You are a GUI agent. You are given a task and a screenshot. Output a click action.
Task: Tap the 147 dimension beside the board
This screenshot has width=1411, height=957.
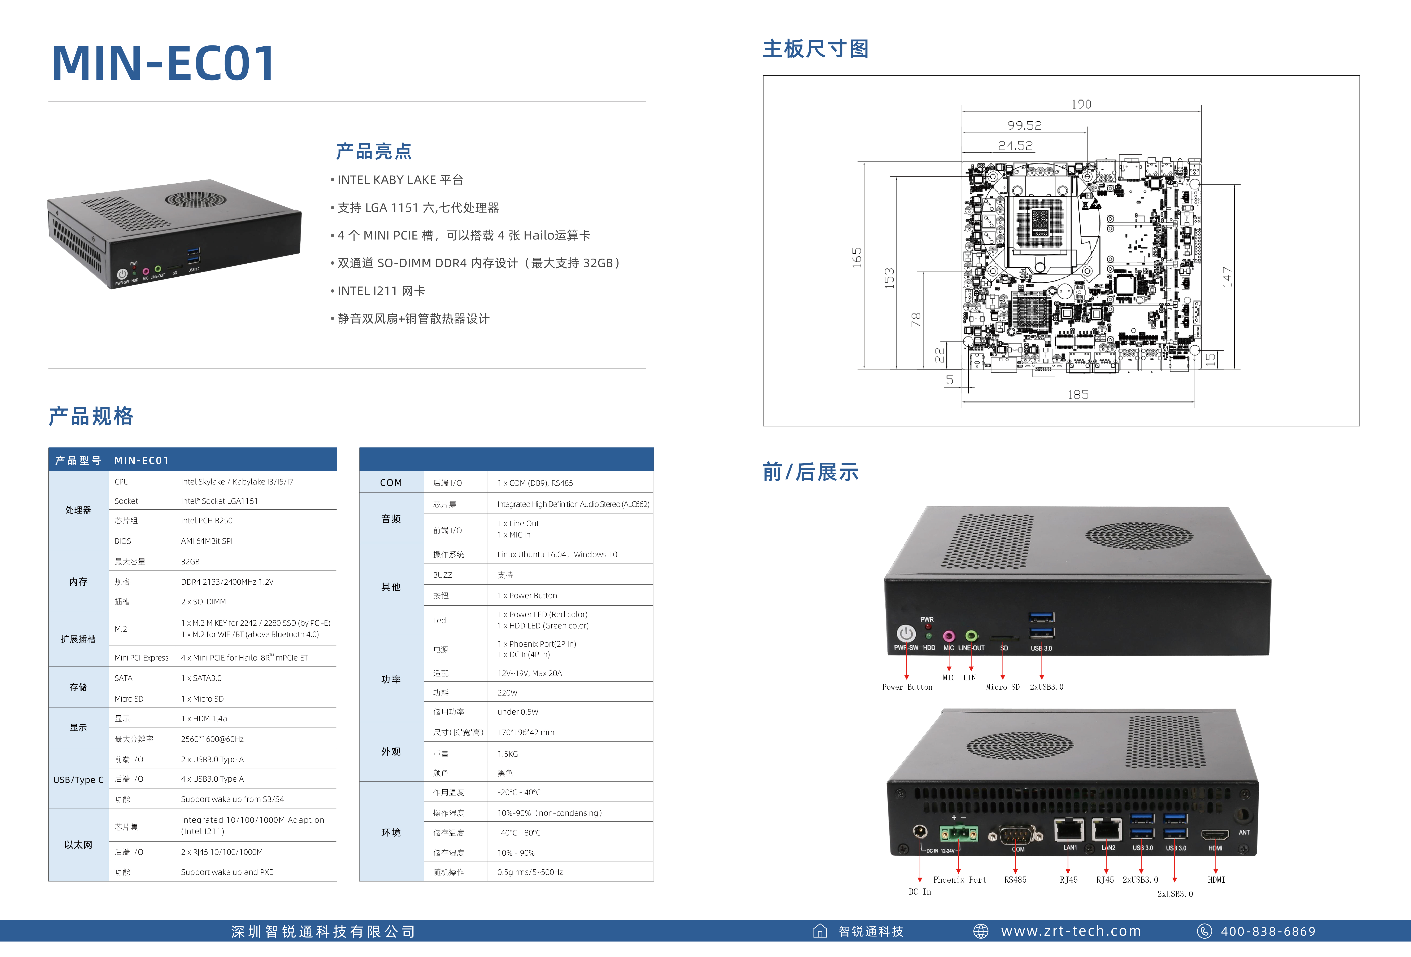(x=1227, y=277)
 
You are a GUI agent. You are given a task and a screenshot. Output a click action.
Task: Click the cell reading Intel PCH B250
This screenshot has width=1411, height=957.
(x=207, y=521)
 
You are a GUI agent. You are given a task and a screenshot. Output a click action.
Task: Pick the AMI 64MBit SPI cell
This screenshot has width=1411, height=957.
(x=207, y=541)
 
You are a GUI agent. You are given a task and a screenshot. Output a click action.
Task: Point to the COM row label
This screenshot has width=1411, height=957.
(x=391, y=482)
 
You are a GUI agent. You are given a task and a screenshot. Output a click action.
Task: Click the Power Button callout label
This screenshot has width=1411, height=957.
(x=907, y=687)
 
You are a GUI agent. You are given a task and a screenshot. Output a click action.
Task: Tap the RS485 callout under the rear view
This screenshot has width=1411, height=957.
(x=1015, y=879)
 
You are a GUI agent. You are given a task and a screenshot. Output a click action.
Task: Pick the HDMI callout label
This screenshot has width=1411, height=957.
(x=1216, y=879)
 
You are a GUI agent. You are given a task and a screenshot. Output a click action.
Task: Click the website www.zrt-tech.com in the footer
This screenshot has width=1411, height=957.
(x=1071, y=931)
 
